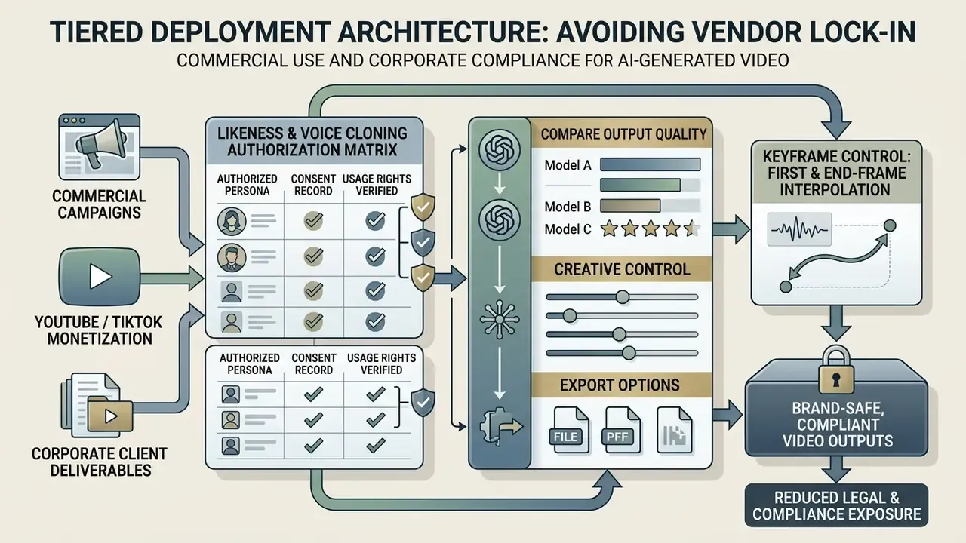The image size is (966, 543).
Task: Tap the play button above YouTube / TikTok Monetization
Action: tap(100, 276)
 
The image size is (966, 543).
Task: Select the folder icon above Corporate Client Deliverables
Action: tap(109, 416)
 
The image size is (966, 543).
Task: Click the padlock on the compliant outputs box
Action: tap(836, 370)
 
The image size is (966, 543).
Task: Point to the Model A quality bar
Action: tap(650, 164)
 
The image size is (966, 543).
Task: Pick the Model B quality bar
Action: tap(630, 206)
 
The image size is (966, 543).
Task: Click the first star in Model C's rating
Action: tap(609, 229)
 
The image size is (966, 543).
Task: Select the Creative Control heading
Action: tap(622, 269)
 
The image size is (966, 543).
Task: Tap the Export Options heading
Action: tap(620, 385)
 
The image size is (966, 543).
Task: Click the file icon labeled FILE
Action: tap(570, 430)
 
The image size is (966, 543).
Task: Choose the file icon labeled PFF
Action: tap(621, 430)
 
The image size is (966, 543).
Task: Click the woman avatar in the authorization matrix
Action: tap(232, 222)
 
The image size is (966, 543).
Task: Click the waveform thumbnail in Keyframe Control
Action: tap(799, 229)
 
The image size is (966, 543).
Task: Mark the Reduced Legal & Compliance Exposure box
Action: tap(836, 505)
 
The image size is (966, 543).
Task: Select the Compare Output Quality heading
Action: tap(623, 134)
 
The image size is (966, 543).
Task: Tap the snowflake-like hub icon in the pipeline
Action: tap(500, 319)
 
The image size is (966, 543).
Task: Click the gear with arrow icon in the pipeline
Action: tap(500, 426)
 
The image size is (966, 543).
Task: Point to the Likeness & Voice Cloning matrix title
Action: tap(312, 141)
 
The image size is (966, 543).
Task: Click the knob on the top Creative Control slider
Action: tap(623, 297)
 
